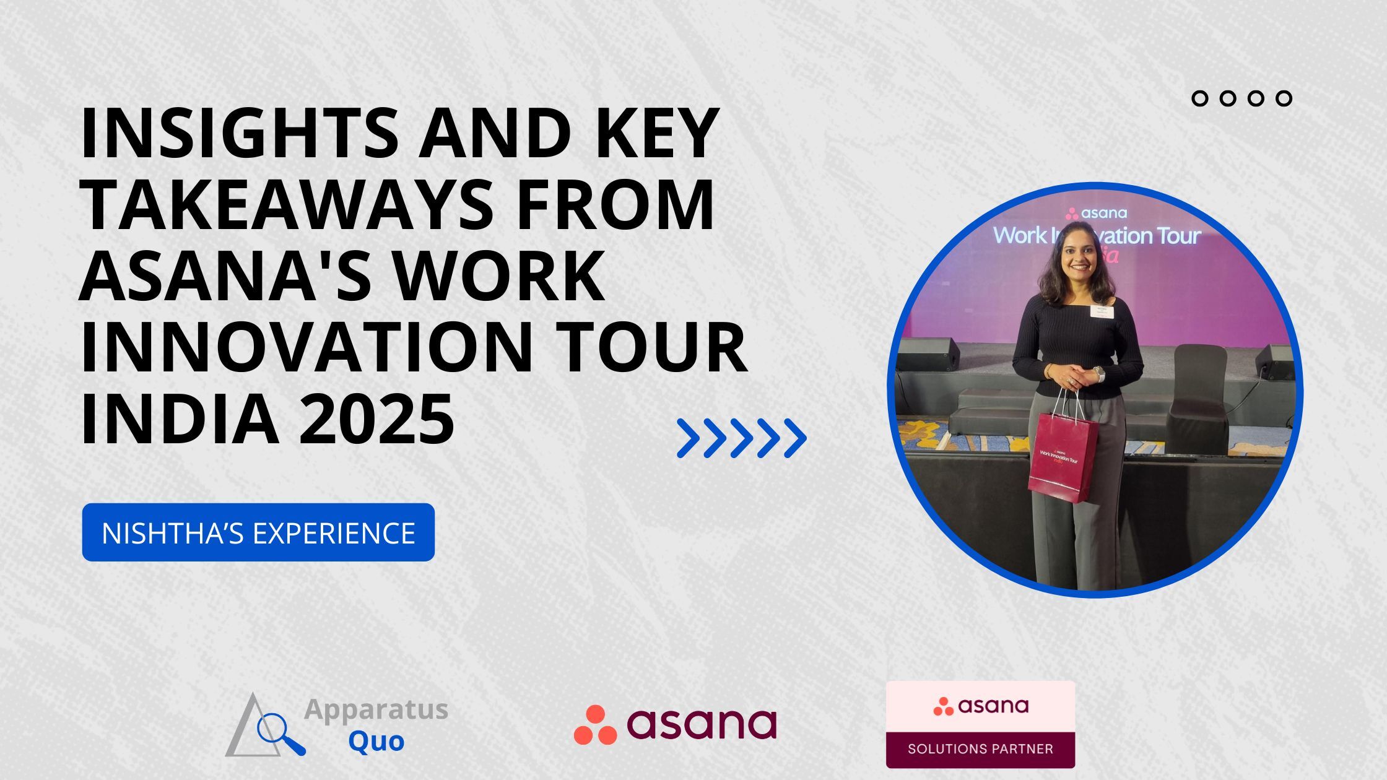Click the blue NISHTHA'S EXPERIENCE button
(258, 532)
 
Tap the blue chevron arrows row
(741, 438)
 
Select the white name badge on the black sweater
(1102, 311)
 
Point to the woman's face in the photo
(1078, 258)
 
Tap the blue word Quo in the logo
(376, 740)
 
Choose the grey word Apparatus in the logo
(376, 709)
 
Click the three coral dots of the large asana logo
(595, 725)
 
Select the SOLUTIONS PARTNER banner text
(980, 749)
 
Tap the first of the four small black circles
(1200, 98)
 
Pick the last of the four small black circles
(1284, 98)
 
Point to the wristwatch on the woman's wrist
(1099, 374)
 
